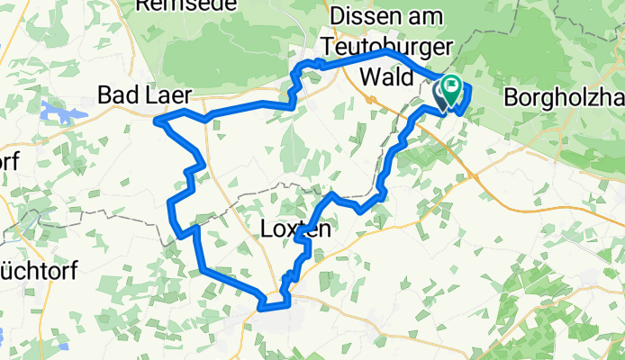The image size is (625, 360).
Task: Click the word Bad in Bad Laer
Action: click(x=117, y=94)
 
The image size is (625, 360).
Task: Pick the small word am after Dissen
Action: click(x=431, y=16)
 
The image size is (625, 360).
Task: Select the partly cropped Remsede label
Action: click(x=186, y=4)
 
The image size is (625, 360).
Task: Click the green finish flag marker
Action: click(x=451, y=87)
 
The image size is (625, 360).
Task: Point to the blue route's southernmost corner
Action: click(x=262, y=308)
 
